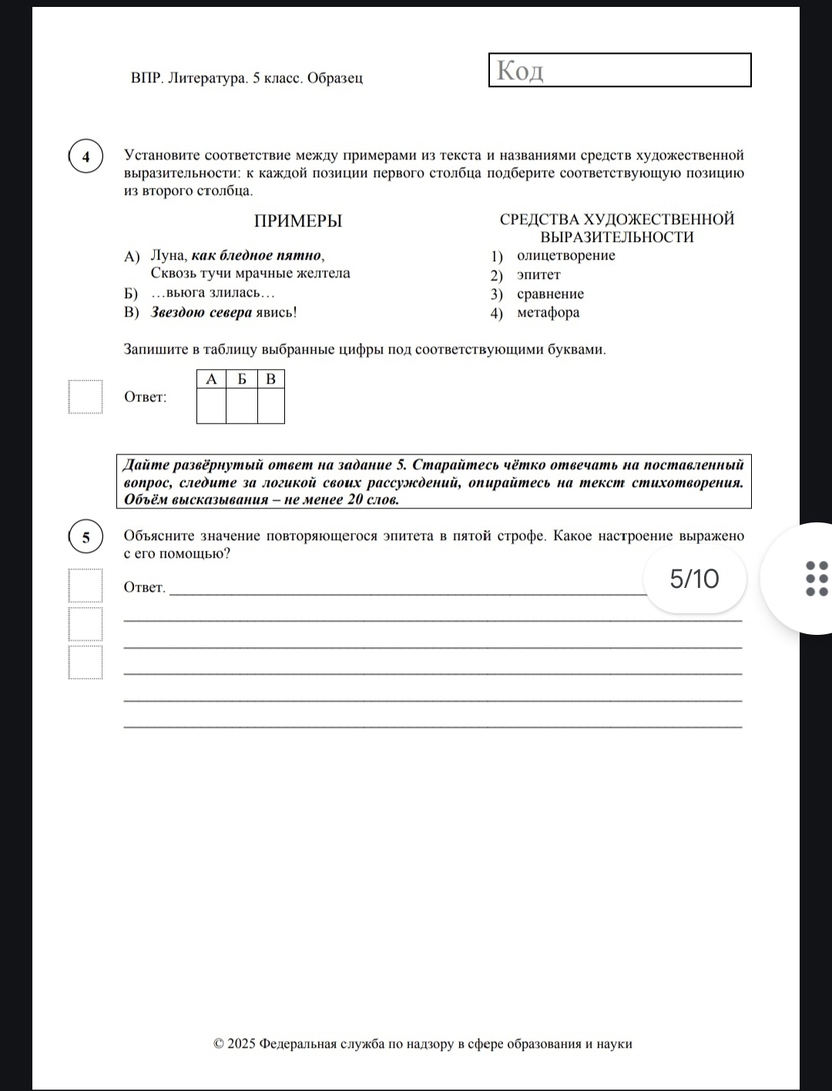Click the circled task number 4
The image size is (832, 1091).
tap(86, 158)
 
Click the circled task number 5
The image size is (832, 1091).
tap(86, 537)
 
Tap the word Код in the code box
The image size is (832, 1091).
tap(520, 70)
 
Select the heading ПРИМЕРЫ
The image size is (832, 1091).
tap(297, 221)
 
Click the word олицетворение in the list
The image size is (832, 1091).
tap(565, 256)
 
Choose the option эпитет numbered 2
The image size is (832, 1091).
tap(538, 275)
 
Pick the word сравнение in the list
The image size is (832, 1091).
tap(550, 294)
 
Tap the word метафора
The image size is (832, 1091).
tap(548, 313)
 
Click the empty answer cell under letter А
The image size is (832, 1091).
tap(211, 406)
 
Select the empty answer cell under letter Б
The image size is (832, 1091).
tap(241, 406)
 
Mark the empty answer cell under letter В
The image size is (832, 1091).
tap(270, 406)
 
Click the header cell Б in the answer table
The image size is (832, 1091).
tap(241, 379)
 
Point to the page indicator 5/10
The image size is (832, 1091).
tap(694, 579)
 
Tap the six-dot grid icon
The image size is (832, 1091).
tap(816, 578)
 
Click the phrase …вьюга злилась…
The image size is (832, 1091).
tap(213, 293)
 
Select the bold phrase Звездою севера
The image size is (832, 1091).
tap(201, 312)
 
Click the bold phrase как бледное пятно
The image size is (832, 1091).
tap(257, 255)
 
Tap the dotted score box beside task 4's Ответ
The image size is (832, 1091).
tap(85, 397)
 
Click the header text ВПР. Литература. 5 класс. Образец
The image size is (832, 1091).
tap(247, 78)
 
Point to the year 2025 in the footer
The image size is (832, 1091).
tap(241, 1044)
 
